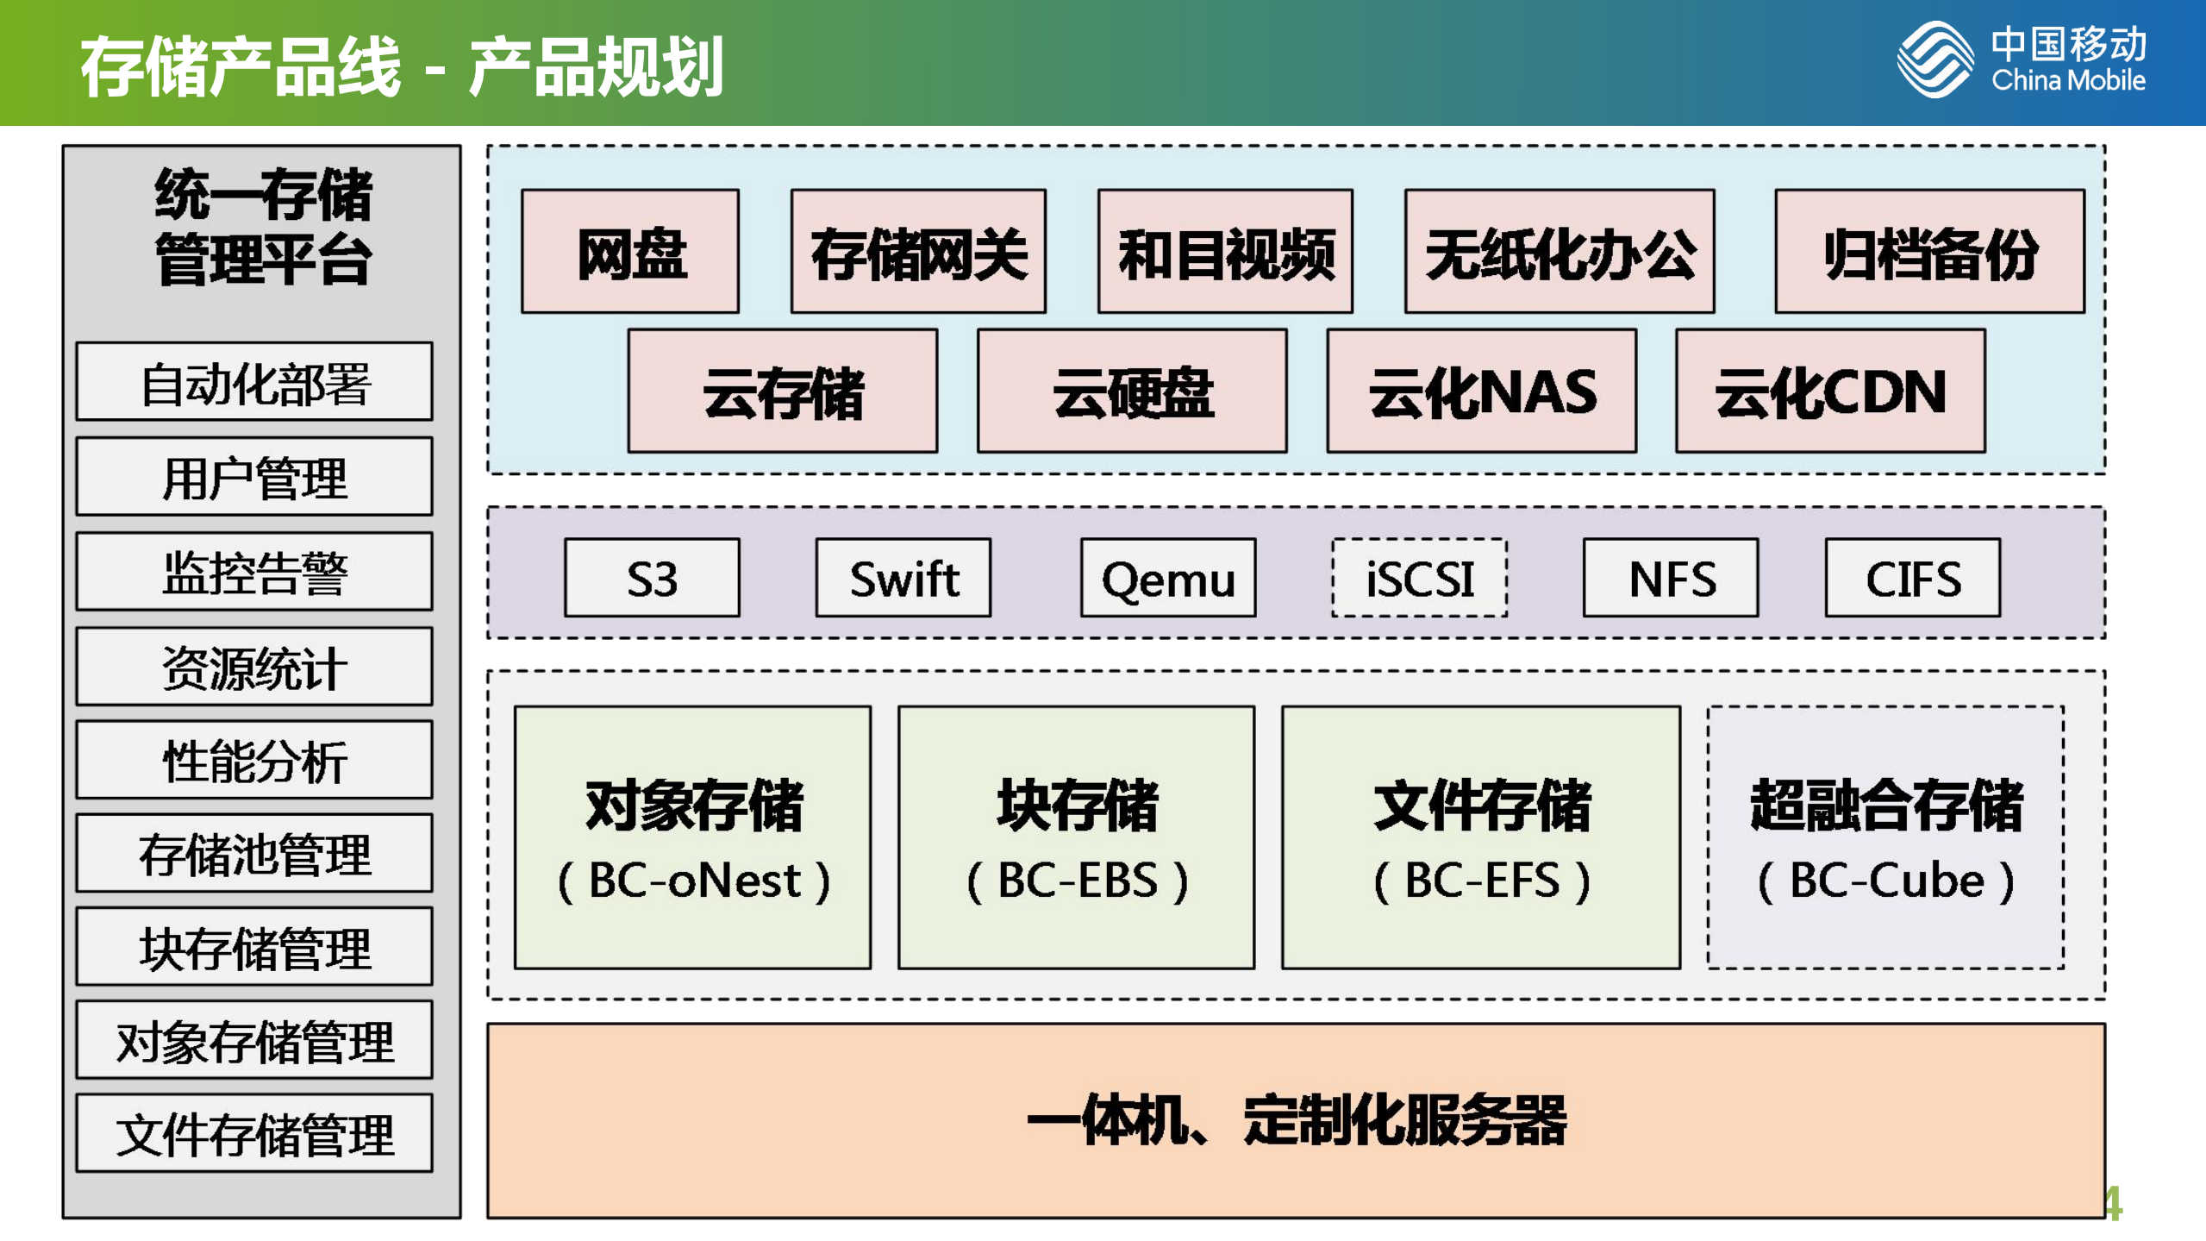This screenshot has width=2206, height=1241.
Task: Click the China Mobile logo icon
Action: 1934,60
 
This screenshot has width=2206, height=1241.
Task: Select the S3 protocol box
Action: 652,578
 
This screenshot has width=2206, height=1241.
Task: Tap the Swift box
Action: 903,578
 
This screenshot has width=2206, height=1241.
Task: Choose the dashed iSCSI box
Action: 1419,578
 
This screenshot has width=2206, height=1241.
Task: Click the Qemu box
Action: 1168,578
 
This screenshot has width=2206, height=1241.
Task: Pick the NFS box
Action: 1671,578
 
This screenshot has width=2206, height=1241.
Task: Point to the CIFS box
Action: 1912,578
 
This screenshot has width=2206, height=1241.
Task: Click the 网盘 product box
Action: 630,252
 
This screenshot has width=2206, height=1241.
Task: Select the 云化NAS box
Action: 1481,391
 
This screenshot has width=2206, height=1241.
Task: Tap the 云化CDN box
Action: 1830,391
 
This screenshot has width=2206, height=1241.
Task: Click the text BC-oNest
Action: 694,881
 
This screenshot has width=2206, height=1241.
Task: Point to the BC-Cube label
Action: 1886,881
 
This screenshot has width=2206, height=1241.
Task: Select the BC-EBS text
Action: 1077,881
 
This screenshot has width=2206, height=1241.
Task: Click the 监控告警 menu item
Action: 254,573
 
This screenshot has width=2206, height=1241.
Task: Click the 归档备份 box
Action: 1929,252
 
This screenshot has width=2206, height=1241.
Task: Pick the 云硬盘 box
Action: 1132,391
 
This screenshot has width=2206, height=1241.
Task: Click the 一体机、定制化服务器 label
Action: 1296,1120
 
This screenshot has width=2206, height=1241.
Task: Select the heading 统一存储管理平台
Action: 262,226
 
